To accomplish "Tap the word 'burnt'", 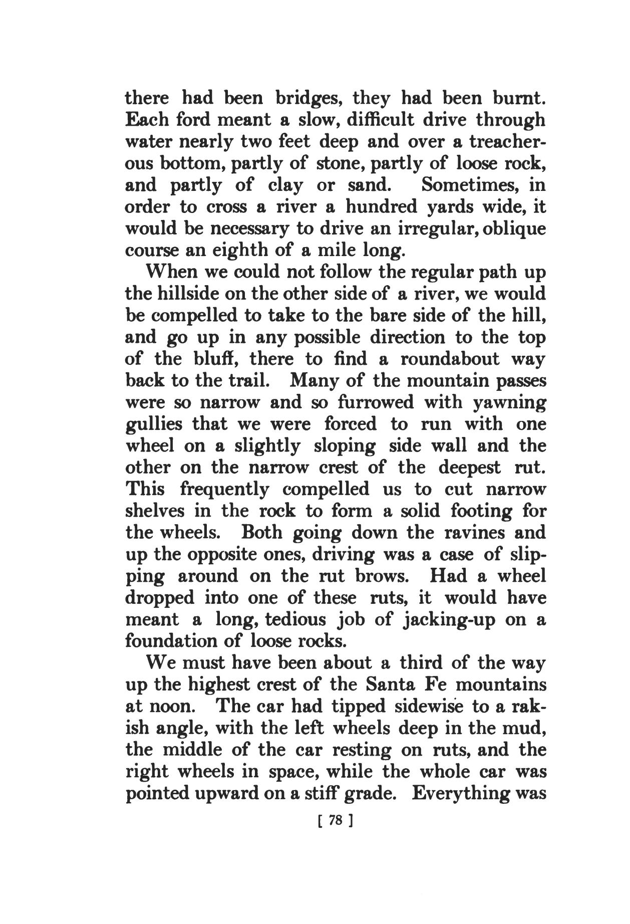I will coord(520,98).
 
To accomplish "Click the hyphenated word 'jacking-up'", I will coord(449,619).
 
